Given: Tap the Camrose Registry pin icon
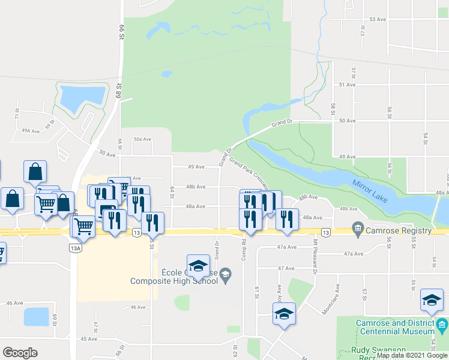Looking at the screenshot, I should [x=358, y=228].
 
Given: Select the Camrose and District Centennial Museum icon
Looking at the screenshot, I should [x=443, y=326].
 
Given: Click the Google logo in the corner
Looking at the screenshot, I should [x=20, y=353].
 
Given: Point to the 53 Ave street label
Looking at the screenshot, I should [x=377, y=20].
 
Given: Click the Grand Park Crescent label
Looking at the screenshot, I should [x=249, y=173].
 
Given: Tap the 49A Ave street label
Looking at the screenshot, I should [x=30, y=130].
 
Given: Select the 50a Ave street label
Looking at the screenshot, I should [x=142, y=139].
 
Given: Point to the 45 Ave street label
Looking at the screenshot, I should [x=88, y=339].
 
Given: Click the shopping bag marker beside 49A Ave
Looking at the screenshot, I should [x=35, y=172].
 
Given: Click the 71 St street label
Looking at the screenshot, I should [x=18, y=112].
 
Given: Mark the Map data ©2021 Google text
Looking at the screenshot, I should [x=411, y=355].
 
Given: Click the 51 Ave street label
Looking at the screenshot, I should [x=347, y=85].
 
